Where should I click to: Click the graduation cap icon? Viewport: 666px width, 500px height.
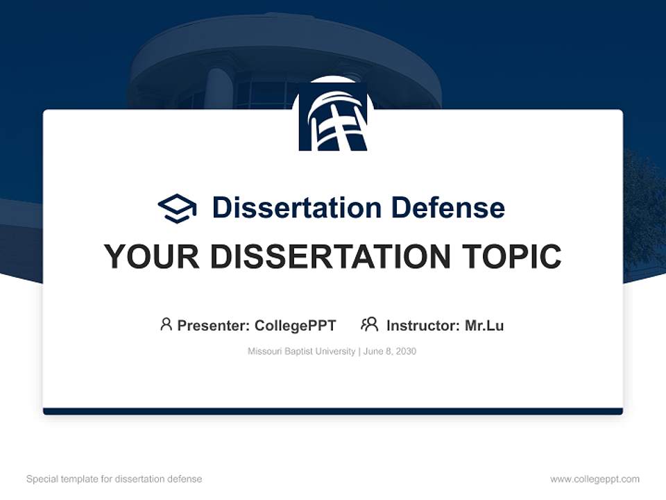point(177,208)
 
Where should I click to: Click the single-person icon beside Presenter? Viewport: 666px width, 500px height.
point(166,324)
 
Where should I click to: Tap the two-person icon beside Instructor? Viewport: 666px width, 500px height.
point(369,324)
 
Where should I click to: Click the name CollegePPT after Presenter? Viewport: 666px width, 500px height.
point(295,326)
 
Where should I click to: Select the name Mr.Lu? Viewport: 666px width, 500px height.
point(484,326)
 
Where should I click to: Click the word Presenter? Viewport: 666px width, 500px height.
point(214,326)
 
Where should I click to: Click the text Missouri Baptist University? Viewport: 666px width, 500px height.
point(301,351)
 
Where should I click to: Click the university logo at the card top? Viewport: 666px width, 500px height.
point(333,116)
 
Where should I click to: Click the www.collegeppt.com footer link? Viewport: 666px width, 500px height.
point(595,479)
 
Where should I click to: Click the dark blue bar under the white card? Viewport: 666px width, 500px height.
point(333,411)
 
